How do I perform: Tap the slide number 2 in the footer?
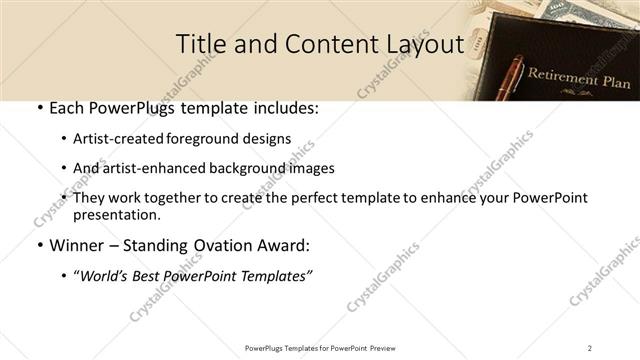(589, 347)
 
